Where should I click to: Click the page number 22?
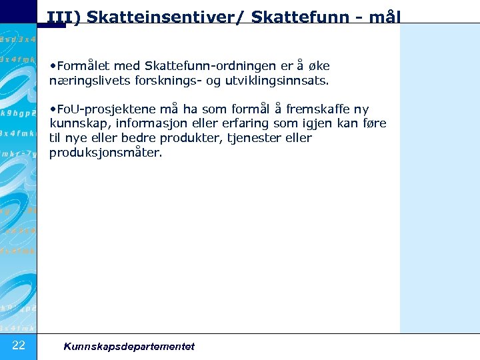(19, 345)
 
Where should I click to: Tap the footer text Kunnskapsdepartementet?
(129, 346)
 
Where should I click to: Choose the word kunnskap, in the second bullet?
(77, 124)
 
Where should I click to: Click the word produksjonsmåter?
(105, 153)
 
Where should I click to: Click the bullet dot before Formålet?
(53, 66)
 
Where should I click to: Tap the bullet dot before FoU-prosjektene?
(53, 109)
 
